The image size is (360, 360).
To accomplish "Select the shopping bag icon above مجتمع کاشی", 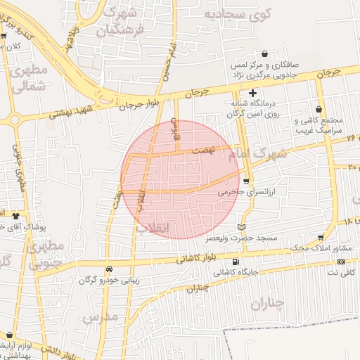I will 321,110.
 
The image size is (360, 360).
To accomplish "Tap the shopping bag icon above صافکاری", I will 264,53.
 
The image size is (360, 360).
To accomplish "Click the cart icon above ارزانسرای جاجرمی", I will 245,180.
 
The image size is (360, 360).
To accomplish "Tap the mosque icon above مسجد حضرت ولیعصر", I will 242,227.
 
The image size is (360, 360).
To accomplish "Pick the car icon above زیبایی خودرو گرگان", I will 109,269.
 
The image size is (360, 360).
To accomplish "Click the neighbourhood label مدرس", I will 98,318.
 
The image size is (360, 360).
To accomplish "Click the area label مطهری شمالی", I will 30,78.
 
